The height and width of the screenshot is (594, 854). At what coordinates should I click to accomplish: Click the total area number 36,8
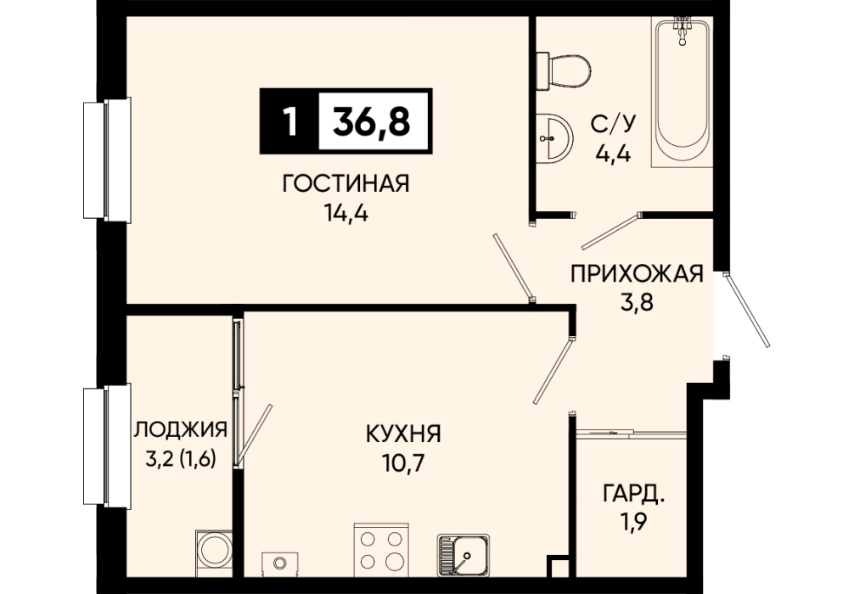372,120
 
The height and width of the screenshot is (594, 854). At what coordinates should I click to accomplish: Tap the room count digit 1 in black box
290,120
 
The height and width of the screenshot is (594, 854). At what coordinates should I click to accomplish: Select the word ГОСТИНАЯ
346,184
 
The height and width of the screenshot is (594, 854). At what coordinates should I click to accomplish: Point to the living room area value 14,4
346,214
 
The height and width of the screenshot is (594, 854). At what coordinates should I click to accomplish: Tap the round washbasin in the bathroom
554,137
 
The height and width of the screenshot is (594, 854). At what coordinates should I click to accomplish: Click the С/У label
613,126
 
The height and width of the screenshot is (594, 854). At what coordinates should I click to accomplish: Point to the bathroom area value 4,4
613,154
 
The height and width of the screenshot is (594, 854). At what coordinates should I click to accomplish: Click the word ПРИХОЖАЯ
637,274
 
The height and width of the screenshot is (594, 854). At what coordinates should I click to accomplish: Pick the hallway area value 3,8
637,301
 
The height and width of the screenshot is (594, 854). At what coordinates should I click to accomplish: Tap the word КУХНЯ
403,434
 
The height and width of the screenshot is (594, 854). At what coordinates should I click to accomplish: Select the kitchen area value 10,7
403,463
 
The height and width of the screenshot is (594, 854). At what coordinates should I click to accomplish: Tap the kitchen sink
464,555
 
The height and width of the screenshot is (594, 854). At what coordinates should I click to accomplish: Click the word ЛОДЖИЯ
180,429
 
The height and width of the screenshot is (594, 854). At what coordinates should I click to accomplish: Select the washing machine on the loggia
212,551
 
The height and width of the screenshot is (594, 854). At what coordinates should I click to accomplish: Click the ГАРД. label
634,496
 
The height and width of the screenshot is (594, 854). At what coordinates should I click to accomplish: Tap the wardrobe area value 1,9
634,524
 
